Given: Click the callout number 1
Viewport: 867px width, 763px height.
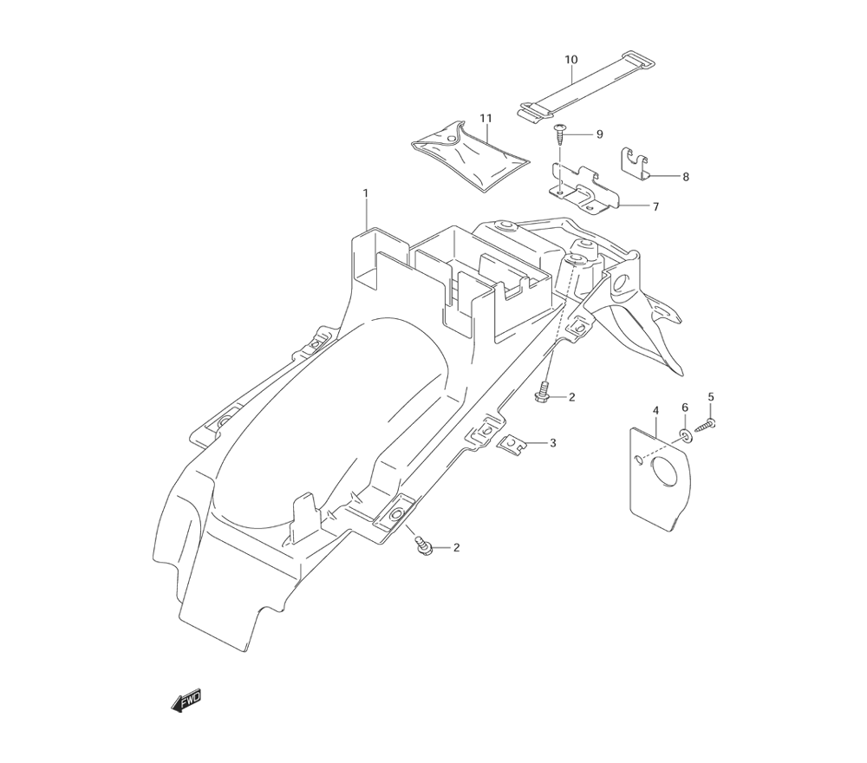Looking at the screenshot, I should [366, 192].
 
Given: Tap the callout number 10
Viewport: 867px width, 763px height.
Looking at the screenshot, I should [570, 60].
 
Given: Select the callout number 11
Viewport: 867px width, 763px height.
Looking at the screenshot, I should [486, 118].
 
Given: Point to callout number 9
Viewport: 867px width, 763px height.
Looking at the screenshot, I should [598, 134].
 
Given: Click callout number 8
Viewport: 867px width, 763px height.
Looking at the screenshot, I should [685, 177].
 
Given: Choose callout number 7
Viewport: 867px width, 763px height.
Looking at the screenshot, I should [655, 207].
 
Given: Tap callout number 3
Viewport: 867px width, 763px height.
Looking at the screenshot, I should [552, 443].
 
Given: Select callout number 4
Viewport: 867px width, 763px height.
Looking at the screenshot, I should [655, 409].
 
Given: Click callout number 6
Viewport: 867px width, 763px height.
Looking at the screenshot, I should [684, 408].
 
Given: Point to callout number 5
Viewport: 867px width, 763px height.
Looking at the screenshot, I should [711, 397].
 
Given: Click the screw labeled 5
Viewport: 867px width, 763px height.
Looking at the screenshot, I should [708, 426].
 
